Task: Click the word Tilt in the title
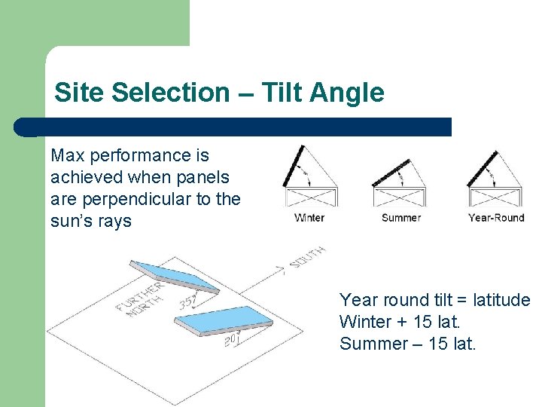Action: click(x=283, y=93)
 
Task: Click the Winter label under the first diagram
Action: click(x=309, y=218)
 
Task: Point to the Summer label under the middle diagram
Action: click(x=401, y=218)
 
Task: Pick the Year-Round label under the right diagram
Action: click(x=496, y=218)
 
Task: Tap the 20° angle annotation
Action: click(x=232, y=341)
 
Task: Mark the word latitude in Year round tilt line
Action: click(x=499, y=300)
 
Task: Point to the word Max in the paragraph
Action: click(x=66, y=155)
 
